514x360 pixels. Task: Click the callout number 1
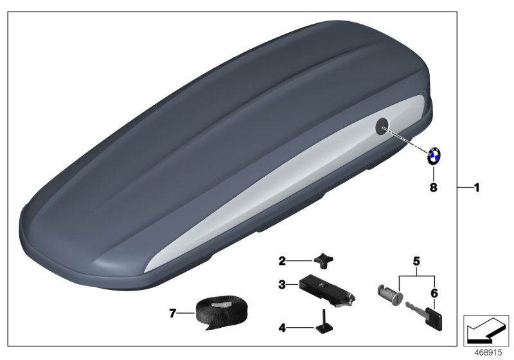pos(476,188)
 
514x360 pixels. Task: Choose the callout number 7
pos(172,314)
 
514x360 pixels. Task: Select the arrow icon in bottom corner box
pos(486,331)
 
